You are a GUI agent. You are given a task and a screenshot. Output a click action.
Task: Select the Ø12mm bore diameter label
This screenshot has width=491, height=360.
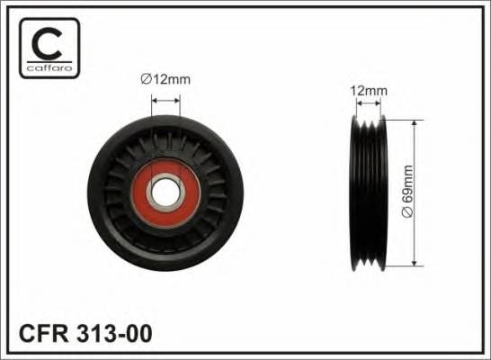[166, 81]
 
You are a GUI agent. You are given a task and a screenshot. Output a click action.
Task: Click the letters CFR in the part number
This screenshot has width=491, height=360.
[43, 332]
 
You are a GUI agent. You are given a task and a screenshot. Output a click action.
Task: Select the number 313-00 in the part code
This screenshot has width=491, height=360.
[115, 332]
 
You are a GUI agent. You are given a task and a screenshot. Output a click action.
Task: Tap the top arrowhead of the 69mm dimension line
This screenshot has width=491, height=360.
[414, 119]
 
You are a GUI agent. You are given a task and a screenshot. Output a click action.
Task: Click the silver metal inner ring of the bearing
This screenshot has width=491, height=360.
[165, 178]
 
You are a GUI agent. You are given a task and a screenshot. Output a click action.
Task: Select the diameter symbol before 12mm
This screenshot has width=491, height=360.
[145, 81]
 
